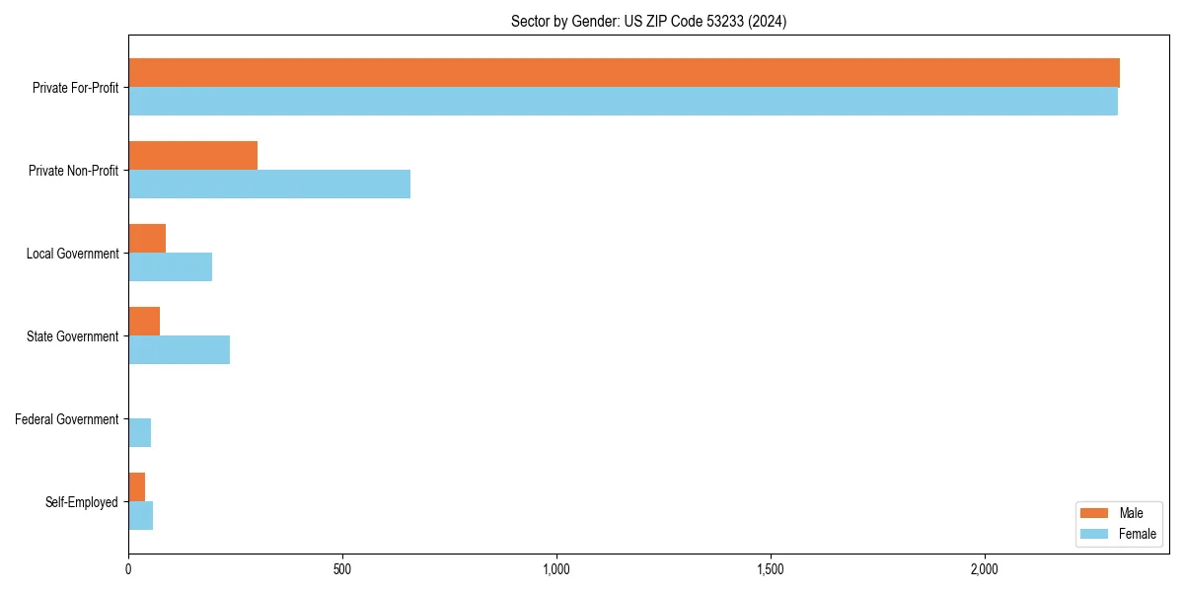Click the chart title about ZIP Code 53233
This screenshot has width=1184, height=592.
click(648, 21)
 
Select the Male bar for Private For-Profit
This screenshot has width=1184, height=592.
click(624, 73)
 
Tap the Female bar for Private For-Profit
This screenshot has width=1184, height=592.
click(623, 102)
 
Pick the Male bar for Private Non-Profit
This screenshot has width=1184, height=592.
click(192, 156)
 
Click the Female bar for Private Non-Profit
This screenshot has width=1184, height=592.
click(269, 185)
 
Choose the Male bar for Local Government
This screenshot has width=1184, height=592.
click(147, 239)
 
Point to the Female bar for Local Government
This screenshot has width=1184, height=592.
click(170, 267)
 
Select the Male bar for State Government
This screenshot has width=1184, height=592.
click(144, 322)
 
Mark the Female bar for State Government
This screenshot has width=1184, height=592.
click(179, 350)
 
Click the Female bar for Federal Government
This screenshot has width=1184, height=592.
click(139, 433)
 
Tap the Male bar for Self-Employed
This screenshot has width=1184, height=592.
click(136, 487)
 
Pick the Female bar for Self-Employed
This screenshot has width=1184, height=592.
click(140, 516)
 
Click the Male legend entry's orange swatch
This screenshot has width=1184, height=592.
click(1094, 513)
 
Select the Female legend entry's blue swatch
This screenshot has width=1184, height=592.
click(1094, 534)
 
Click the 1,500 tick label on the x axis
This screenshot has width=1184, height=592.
click(770, 569)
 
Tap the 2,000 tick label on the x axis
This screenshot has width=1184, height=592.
click(984, 569)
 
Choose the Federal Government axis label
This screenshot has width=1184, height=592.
click(66, 419)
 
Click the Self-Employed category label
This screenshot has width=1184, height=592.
click(81, 502)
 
